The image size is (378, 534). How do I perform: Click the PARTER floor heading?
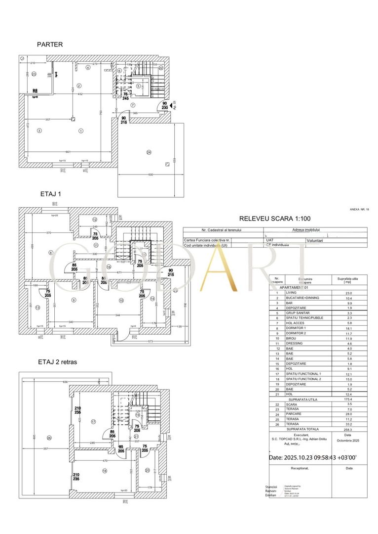50,44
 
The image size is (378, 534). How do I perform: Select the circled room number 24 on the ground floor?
149,152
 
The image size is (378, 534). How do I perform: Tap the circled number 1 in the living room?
81,130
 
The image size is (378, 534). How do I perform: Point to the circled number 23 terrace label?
34,74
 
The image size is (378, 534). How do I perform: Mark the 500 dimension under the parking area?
151,175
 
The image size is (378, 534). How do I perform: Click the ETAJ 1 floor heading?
50,194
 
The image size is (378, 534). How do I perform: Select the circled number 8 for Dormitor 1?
51,253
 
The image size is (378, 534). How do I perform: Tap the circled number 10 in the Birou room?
120,300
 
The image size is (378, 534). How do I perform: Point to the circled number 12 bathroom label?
95,220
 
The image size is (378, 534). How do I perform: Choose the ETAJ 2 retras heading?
57,362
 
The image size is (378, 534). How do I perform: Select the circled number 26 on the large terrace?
49,438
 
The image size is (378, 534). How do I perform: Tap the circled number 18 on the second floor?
105,471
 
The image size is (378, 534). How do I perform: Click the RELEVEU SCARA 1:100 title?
274,218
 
